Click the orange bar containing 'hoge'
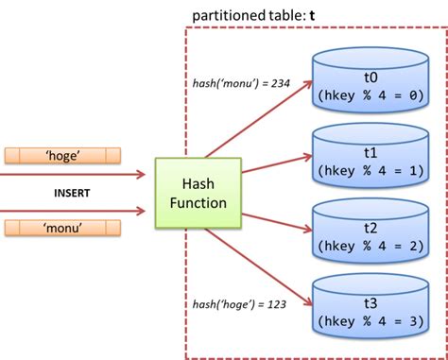point(61,153)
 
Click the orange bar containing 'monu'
point(61,227)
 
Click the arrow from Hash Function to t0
point(260,118)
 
